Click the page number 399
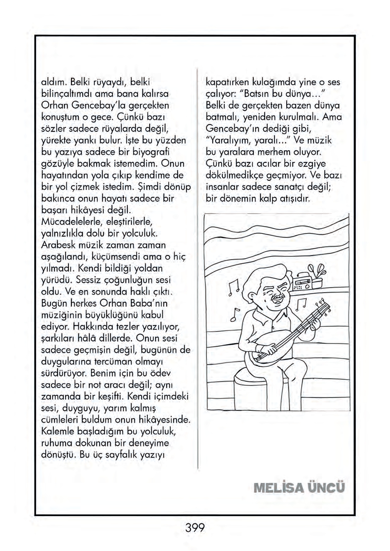point(195,527)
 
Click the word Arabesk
point(56,245)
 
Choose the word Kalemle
point(58,431)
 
